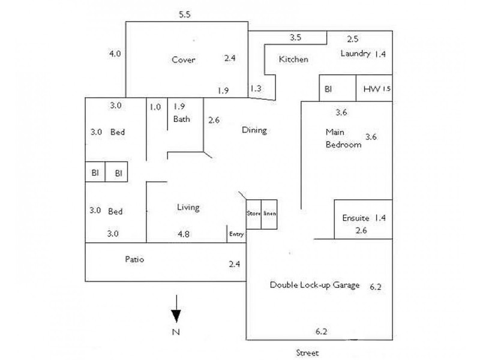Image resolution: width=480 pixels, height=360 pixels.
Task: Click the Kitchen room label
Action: click(x=293, y=59)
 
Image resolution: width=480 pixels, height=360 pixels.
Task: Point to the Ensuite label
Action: click(x=356, y=218)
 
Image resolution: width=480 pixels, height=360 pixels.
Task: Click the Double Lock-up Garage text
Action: click(x=314, y=285)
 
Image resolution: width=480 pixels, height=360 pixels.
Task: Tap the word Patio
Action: click(x=134, y=260)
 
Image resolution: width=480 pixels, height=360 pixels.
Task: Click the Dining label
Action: click(x=254, y=130)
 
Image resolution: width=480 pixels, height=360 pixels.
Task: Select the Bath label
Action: click(x=181, y=119)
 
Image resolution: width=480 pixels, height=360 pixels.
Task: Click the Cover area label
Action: click(x=184, y=59)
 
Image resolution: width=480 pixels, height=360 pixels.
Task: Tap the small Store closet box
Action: click(x=253, y=214)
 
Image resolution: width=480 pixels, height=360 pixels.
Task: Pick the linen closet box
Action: click(x=269, y=214)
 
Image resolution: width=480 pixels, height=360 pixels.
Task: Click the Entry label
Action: click(x=236, y=235)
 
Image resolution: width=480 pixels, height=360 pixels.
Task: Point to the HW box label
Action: click(x=371, y=89)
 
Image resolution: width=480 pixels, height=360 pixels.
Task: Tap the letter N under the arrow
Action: click(x=176, y=332)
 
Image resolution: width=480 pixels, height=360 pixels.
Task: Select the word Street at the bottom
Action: click(x=307, y=352)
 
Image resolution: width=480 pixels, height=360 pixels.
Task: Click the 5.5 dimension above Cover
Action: click(x=185, y=15)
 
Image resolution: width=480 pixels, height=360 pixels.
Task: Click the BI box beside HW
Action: click(x=328, y=89)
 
